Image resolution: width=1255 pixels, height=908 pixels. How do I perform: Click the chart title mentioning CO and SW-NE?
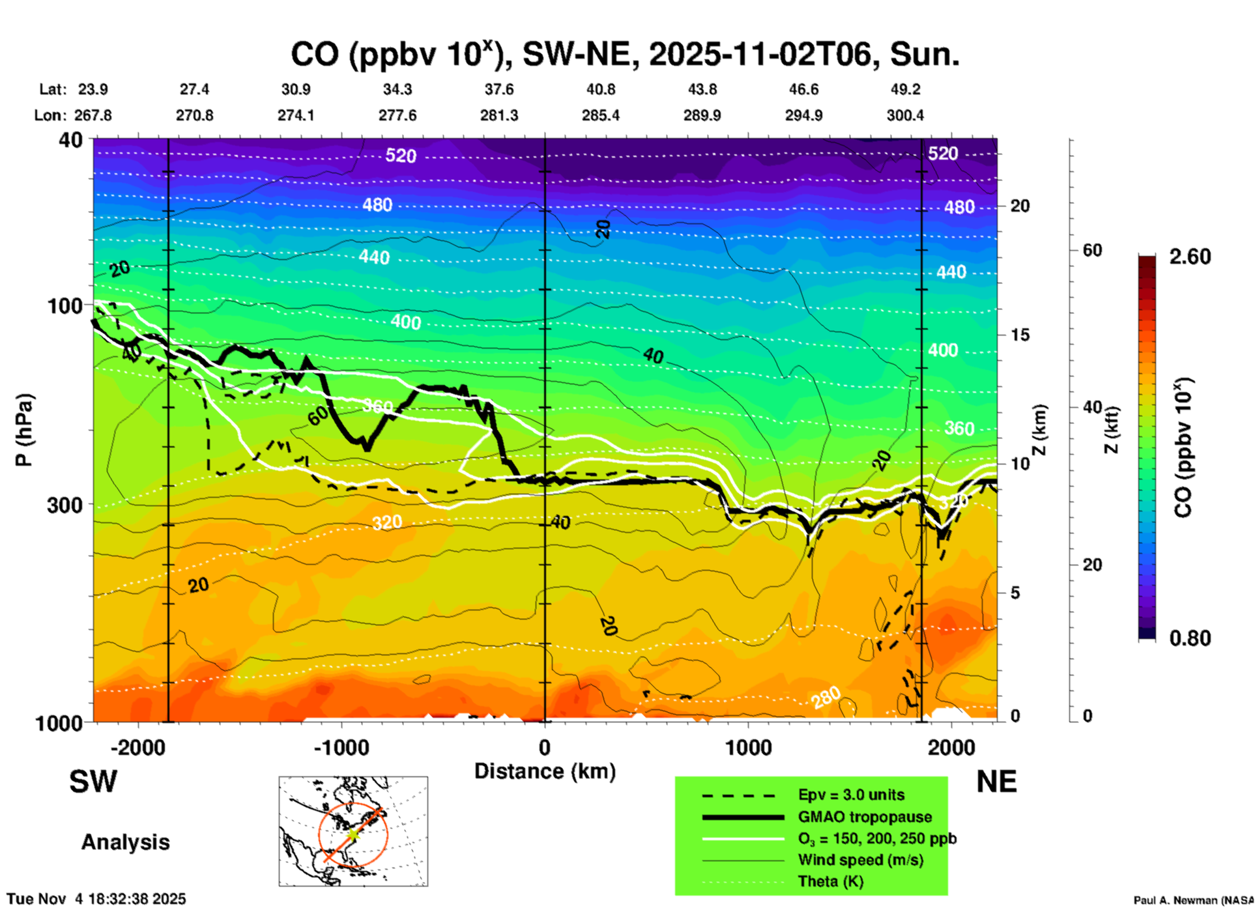point(624,55)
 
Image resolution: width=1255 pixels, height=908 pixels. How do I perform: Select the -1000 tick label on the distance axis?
point(341,747)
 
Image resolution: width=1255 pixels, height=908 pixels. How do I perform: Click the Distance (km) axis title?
point(545,771)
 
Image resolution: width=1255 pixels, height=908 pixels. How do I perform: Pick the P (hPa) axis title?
point(24,430)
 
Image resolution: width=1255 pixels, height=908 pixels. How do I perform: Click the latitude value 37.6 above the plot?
point(499,89)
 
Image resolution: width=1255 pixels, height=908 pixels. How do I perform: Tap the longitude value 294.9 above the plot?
point(803,115)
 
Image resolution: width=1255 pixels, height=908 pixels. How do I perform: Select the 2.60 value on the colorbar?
point(1190,257)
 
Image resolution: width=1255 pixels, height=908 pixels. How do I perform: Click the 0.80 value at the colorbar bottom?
point(1190,638)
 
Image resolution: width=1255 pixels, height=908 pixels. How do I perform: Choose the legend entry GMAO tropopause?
point(865,817)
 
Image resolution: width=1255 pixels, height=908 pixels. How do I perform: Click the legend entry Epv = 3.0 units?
point(851,795)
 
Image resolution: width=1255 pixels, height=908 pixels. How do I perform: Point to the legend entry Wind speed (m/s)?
point(860,860)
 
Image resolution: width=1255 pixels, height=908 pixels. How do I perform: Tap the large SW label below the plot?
point(93,782)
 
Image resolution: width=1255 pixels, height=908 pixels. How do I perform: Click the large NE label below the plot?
point(996,782)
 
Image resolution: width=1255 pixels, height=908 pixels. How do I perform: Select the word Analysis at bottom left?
point(125,842)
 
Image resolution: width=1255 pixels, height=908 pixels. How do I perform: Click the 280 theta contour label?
point(826,698)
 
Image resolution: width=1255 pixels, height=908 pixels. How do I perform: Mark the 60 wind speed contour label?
point(317,416)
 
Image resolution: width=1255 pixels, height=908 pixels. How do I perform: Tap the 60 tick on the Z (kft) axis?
point(1092,250)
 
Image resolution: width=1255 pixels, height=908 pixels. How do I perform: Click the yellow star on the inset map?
point(353,833)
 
